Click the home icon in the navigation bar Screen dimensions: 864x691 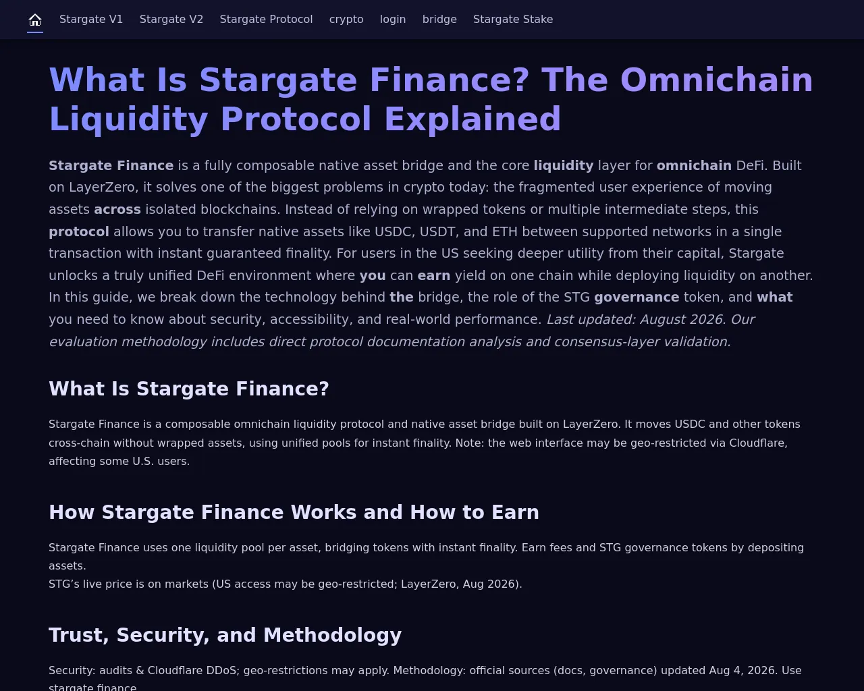(x=35, y=20)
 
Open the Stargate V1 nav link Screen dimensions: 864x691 (x=91, y=20)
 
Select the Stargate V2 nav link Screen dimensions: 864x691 (x=171, y=20)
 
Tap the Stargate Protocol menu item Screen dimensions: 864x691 (x=266, y=20)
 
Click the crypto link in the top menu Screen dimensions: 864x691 (x=346, y=20)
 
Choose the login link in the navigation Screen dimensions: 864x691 (x=393, y=20)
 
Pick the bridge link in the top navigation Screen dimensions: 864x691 (x=439, y=20)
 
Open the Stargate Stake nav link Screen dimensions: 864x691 (x=513, y=20)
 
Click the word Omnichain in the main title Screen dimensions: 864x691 (x=717, y=80)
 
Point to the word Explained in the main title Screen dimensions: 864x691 (x=473, y=119)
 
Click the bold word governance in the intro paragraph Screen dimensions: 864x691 (x=637, y=298)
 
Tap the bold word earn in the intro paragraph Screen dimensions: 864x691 (x=434, y=276)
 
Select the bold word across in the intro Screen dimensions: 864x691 (x=117, y=210)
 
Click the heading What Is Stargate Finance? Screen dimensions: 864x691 (x=189, y=389)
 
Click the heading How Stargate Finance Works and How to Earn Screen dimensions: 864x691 (x=294, y=512)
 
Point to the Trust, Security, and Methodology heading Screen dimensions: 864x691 (x=225, y=635)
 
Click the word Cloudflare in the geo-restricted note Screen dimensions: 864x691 (x=757, y=443)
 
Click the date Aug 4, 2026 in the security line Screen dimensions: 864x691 (x=742, y=671)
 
